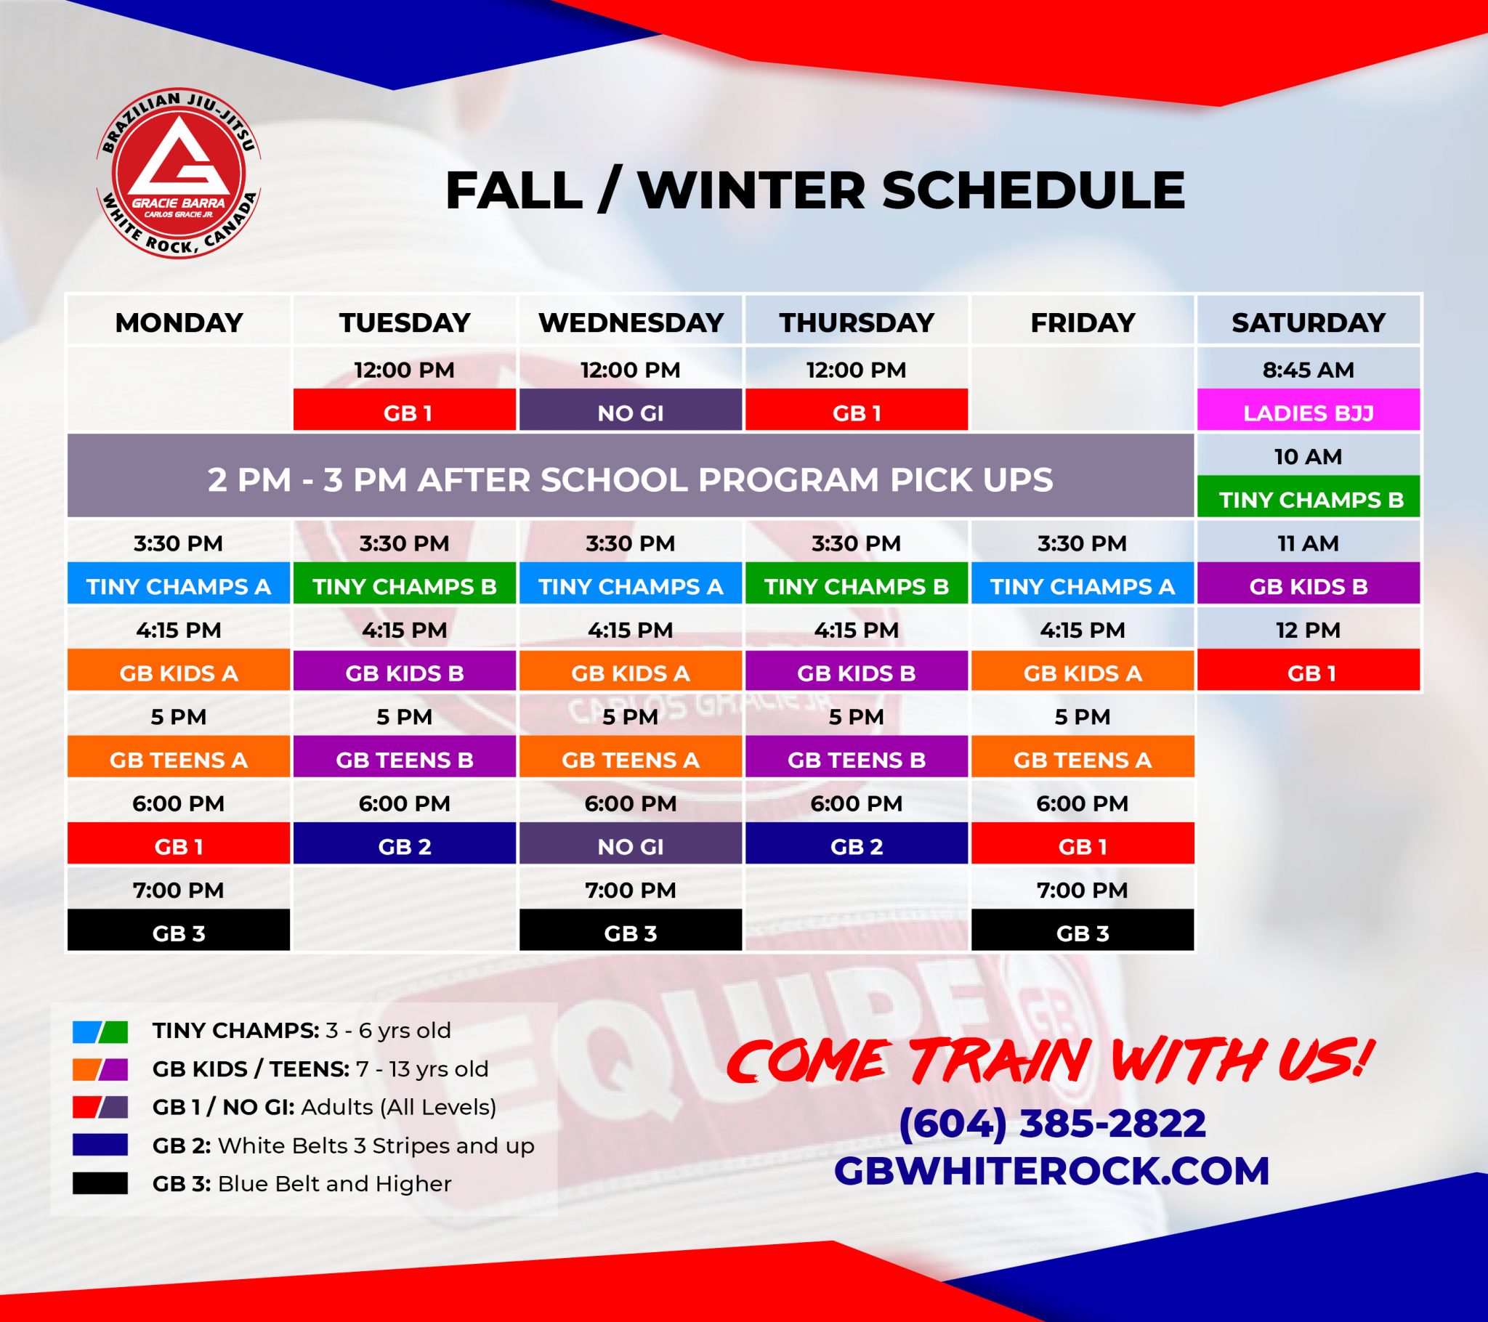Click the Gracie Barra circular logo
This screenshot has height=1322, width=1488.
pyautogui.click(x=178, y=175)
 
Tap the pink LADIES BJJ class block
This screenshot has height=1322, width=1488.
pyautogui.click(x=1309, y=412)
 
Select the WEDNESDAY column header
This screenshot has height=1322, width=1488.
pyautogui.click(x=631, y=322)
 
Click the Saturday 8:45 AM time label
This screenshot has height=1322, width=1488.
pyautogui.click(x=1309, y=370)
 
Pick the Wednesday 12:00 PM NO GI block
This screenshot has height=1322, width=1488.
pyautogui.click(x=631, y=412)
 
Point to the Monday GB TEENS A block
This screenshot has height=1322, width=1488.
pyautogui.click(x=178, y=759)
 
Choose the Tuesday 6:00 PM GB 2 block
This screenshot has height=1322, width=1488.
pyautogui.click(x=405, y=846)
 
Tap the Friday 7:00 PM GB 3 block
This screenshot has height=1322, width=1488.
pyautogui.click(x=1083, y=933)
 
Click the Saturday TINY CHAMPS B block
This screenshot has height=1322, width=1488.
pyautogui.click(x=1309, y=500)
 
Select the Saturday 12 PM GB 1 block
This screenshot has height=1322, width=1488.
pyautogui.click(x=1309, y=673)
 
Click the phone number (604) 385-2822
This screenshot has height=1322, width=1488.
pyautogui.click(x=1052, y=1122)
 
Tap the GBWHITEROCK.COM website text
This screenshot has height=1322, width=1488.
pyautogui.click(x=1052, y=1171)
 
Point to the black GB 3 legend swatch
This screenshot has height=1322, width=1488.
pyautogui.click(x=100, y=1184)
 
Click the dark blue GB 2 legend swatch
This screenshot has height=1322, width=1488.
pyautogui.click(x=100, y=1145)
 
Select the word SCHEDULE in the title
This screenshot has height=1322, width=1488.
pyautogui.click(x=1033, y=191)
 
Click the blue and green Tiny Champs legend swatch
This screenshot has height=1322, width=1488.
pyautogui.click(x=100, y=1031)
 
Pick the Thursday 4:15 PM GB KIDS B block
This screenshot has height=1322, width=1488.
pyautogui.click(x=856, y=673)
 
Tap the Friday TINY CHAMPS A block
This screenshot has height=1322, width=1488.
pyautogui.click(x=1083, y=586)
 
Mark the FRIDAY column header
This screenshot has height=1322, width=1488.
pyautogui.click(x=1083, y=322)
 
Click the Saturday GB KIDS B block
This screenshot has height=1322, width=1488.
pyautogui.click(x=1309, y=586)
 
